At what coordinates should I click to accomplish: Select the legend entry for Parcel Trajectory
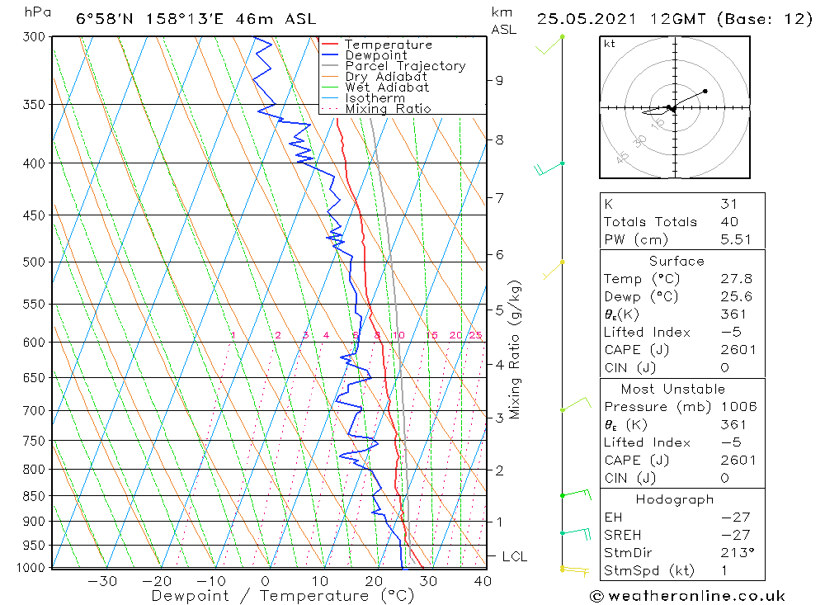(405, 66)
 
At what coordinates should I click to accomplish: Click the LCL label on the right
(514, 557)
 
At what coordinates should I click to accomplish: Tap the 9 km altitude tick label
(499, 80)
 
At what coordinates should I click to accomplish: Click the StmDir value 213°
(733, 553)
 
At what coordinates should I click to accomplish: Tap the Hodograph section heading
(674, 499)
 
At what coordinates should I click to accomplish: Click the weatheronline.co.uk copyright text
(687, 596)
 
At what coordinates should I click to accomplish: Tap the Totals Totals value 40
(729, 221)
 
